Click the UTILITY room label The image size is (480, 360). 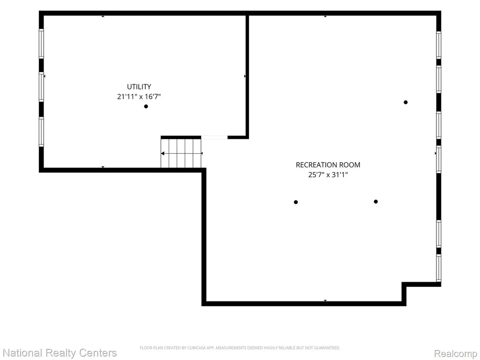pos(139,87)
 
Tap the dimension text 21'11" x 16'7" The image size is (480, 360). pos(139,97)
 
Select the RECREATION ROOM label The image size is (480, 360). pos(328,165)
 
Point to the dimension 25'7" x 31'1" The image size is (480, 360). pos(328,175)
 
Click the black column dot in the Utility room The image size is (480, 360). pos(146,106)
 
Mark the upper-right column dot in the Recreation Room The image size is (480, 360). pos(405,102)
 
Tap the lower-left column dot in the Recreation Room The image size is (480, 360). pos(296,202)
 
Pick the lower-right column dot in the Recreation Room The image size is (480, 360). pos(375,202)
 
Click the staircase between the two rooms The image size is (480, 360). pos(181,153)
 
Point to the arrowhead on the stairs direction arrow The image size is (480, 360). pos(163,153)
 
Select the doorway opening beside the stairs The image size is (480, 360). pos(214,137)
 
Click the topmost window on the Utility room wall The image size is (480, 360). pos(41,44)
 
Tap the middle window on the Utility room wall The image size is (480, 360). pos(41,87)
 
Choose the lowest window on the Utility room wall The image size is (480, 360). pos(41,132)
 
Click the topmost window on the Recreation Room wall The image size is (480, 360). pos(439,45)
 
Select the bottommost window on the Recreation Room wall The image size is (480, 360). pos(439,268)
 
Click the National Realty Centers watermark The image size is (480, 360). pos(60,353)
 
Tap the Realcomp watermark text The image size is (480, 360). pos(456,353)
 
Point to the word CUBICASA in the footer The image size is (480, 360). pos(195,348)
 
